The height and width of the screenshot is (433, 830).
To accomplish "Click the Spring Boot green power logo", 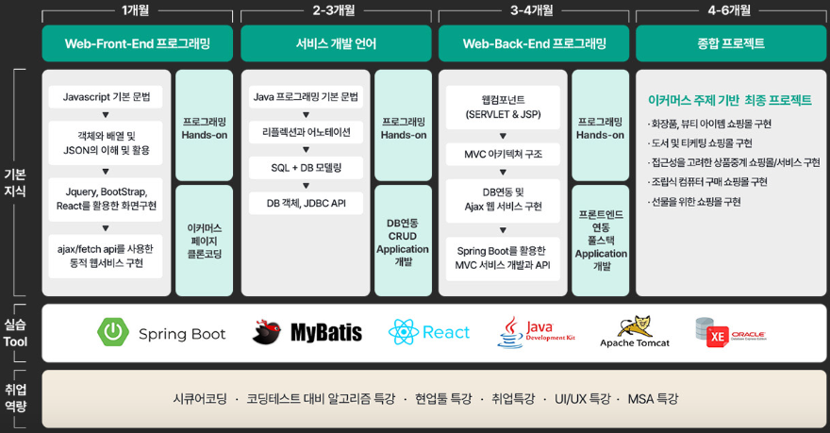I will pos(113,332).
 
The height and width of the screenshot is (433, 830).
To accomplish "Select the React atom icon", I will pos(403,332).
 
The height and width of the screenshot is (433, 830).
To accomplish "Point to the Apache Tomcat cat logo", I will pos(634,327).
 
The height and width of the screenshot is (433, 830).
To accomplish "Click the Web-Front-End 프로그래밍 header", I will pos(138,43).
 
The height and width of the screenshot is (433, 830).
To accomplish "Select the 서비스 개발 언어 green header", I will pos(336,43).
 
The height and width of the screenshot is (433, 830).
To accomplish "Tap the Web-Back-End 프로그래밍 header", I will pos(534,43).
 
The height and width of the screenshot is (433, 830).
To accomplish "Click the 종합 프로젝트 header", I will pos(731,43).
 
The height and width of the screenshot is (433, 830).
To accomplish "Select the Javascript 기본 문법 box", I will pos(106,97).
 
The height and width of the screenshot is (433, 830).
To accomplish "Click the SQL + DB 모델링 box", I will pos(307,168).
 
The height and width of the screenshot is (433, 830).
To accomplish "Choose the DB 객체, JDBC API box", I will pos(307,203).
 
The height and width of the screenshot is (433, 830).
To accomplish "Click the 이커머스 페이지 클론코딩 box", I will pos(205,241).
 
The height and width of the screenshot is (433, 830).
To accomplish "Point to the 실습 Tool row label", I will pos(16,332).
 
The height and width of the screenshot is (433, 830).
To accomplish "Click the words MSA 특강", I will pos(653,399).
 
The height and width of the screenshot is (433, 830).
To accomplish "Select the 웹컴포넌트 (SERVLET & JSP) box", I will pos(504,107).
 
